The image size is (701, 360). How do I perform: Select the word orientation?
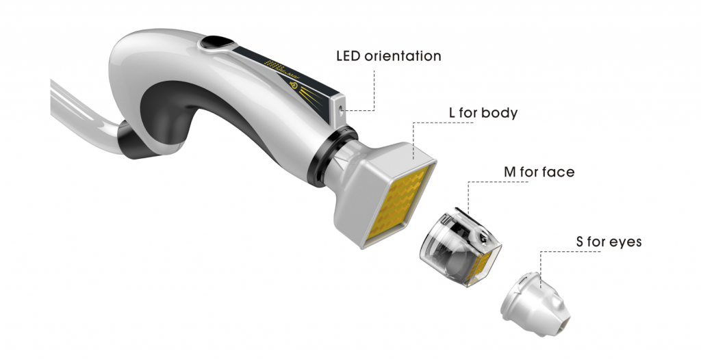click(x=403, y=56)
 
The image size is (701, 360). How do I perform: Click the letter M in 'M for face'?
click(x=510, y=172)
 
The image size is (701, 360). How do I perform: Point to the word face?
click(x=558, y=172)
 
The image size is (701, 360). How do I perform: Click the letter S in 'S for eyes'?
click(x=580, y=242)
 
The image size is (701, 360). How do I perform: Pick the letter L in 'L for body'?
click(x=453, y=113)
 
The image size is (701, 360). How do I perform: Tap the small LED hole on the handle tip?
click(x=342, y=109)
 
